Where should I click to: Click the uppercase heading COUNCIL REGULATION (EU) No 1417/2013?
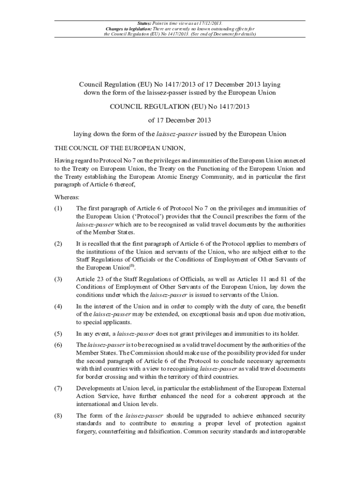(180, 107)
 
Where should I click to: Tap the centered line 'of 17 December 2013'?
(180, 120)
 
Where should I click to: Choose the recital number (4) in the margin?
(58, 306)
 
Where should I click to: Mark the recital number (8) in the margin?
(58, 415)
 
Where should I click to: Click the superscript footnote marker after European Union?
(132, 266)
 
